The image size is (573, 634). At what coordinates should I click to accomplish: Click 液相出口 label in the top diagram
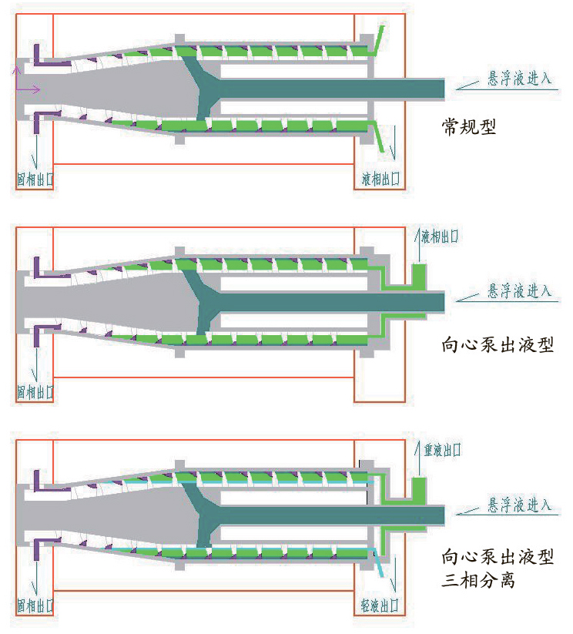(x=381, y=179)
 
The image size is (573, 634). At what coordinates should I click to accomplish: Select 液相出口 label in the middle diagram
(x=439, y=236)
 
